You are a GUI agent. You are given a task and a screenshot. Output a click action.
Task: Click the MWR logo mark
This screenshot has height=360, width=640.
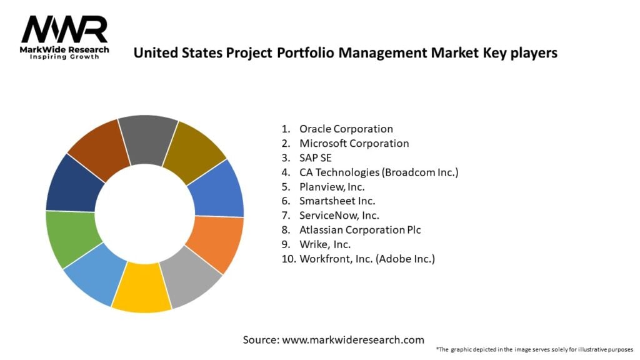pyautogui.click(x=64, y=29)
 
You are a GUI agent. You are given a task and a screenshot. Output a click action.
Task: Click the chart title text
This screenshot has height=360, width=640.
pyautogui.click(x=345, y=53)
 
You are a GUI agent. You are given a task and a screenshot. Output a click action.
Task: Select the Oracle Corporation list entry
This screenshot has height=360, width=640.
pyautogui.click(x=346, y=129)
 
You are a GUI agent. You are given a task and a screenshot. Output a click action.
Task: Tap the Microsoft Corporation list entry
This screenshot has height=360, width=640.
pyautogui.click(x=354, y=143)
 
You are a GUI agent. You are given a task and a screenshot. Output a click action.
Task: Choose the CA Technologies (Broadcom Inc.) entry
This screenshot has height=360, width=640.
pyautogui.click(x=379, y=172)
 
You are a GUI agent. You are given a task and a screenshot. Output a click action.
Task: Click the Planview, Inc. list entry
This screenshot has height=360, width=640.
pyautogui.click(x=332, y=186)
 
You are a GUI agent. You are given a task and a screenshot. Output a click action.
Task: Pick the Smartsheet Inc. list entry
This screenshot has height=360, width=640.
pyautogui.click(x=337, y=201)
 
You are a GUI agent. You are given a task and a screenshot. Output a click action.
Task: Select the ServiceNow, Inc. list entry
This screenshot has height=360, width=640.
pyautogui.click(x=339, y=215)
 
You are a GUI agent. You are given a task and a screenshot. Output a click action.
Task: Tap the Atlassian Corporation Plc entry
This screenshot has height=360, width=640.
pyautogui.click(x=360, y=229)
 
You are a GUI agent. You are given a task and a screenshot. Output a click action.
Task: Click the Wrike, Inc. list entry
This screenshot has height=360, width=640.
pyautogui.click(x=325, y=244)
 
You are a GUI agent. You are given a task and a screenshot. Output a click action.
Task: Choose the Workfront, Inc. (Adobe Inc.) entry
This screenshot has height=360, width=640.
pyautogui.click(x=367, y=258)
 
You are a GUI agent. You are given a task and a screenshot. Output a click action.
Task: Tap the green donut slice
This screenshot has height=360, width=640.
pyautogui.click(x=71, y=239)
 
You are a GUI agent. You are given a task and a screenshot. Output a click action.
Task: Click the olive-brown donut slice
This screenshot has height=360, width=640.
pyautogui.click(x=195, y=150)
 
